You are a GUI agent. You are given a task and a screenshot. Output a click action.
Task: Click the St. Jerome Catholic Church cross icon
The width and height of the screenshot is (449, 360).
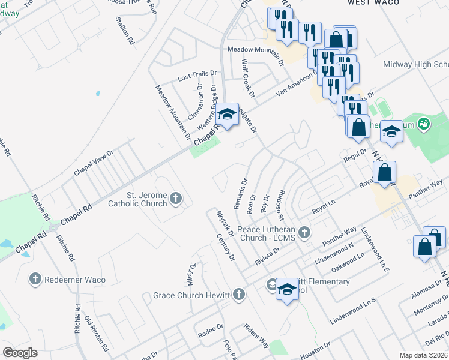point(176,198)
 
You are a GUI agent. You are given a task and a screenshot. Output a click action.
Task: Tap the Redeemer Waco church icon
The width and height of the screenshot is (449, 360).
point(35,278)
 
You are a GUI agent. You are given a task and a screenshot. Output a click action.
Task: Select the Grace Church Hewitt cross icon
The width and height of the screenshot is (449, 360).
point(239,295)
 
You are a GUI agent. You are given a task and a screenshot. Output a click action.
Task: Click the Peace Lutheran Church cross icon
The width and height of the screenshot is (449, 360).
point(304,232)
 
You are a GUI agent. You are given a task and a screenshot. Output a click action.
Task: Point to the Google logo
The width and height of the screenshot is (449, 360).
point(20,353)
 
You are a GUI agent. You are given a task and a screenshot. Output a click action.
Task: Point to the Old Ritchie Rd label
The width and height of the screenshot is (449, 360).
point(97,334)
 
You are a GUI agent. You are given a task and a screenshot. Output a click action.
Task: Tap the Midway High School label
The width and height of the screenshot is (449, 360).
point(416,65)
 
